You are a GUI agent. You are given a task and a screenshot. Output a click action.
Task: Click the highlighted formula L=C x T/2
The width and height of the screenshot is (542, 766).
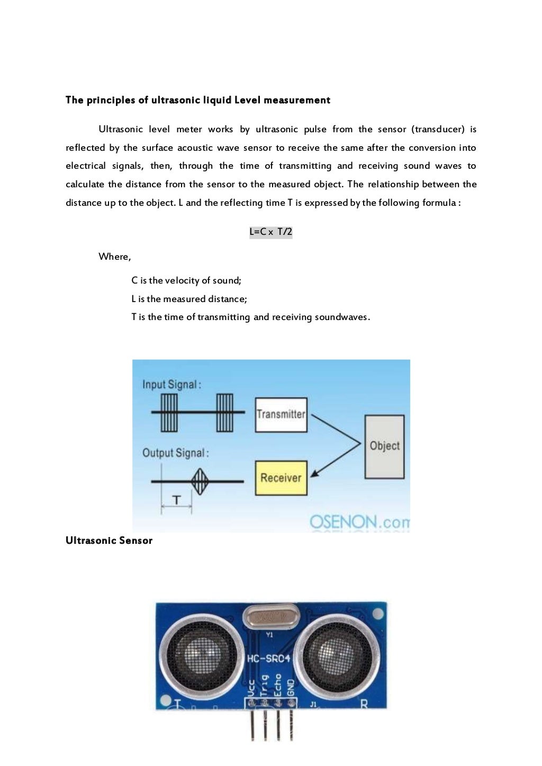point(270,232)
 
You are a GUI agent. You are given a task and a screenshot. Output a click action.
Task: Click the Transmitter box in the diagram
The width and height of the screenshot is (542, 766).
point(281,414)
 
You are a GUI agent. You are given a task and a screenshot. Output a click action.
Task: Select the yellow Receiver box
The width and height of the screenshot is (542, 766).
point(281,478)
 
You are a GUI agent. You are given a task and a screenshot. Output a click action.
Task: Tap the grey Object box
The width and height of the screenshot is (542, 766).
point(384,446)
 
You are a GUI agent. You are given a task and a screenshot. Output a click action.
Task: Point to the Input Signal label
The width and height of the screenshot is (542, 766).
point(171,385)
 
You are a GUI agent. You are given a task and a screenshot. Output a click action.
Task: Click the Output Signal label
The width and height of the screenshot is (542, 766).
point(175,453)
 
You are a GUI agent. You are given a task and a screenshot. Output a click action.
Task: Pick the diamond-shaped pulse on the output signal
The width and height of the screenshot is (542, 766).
point(199,481)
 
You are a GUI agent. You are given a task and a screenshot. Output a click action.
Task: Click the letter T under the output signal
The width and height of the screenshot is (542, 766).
point(177,500)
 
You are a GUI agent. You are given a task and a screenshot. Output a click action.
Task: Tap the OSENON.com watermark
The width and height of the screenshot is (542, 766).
point(359,522)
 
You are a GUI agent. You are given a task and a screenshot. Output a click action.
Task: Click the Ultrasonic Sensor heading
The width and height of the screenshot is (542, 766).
point(109,540)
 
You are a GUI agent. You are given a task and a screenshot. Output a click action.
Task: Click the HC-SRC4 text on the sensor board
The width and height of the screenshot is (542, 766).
point(269,659)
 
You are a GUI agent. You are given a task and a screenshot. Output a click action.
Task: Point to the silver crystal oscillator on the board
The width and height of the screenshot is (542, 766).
point(270,617)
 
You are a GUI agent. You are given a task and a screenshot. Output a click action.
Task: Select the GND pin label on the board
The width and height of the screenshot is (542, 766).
point(290,687)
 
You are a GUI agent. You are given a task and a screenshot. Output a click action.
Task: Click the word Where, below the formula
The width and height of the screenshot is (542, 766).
point(114,257)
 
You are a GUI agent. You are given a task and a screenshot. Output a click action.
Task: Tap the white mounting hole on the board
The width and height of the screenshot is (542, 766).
point(378,614)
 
